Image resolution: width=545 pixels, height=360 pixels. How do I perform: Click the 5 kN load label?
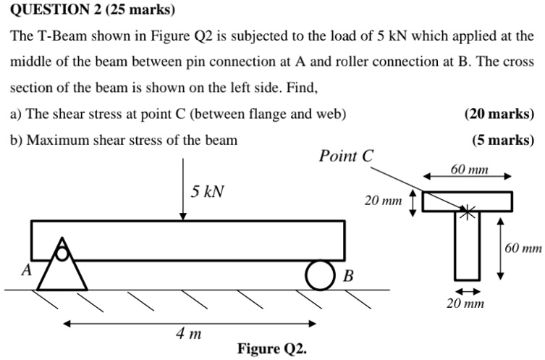(208, 192)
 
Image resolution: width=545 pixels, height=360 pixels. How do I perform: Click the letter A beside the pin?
(26, 270)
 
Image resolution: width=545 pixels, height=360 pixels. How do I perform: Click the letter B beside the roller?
(347, 276)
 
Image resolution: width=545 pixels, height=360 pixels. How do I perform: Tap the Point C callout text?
(347, 156)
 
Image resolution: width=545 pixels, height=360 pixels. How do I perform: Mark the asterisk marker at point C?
(468, 212)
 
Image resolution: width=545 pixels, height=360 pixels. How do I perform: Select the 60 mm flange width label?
(469, 169)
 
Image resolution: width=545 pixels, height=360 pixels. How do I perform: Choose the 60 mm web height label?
(523, 248)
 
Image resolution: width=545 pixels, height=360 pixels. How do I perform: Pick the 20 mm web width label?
(465, 304)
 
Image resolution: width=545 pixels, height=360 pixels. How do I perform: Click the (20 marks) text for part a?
(499, 114)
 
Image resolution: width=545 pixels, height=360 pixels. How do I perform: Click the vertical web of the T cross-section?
(468, 246)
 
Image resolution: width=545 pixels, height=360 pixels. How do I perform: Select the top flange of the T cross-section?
(468, 201)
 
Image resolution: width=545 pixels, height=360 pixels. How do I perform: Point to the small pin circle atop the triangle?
(63, 253)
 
